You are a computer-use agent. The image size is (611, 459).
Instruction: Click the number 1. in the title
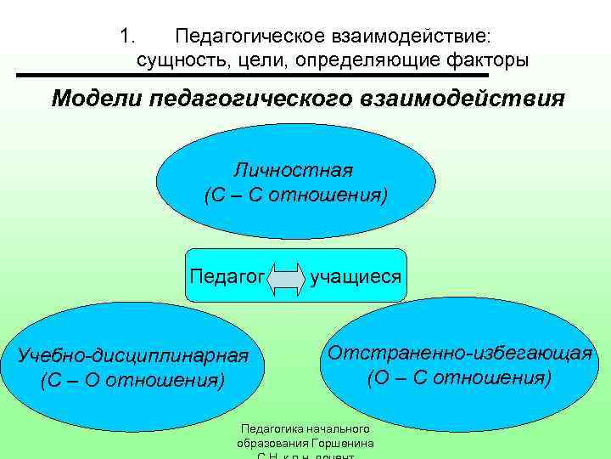(x=127, y=37)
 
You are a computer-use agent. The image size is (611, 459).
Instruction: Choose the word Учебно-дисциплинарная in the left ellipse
(x=133, y=355)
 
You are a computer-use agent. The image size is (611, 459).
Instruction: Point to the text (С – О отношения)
(x=132, y=379)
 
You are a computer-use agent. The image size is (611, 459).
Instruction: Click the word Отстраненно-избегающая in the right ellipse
(x=459, y=353)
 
